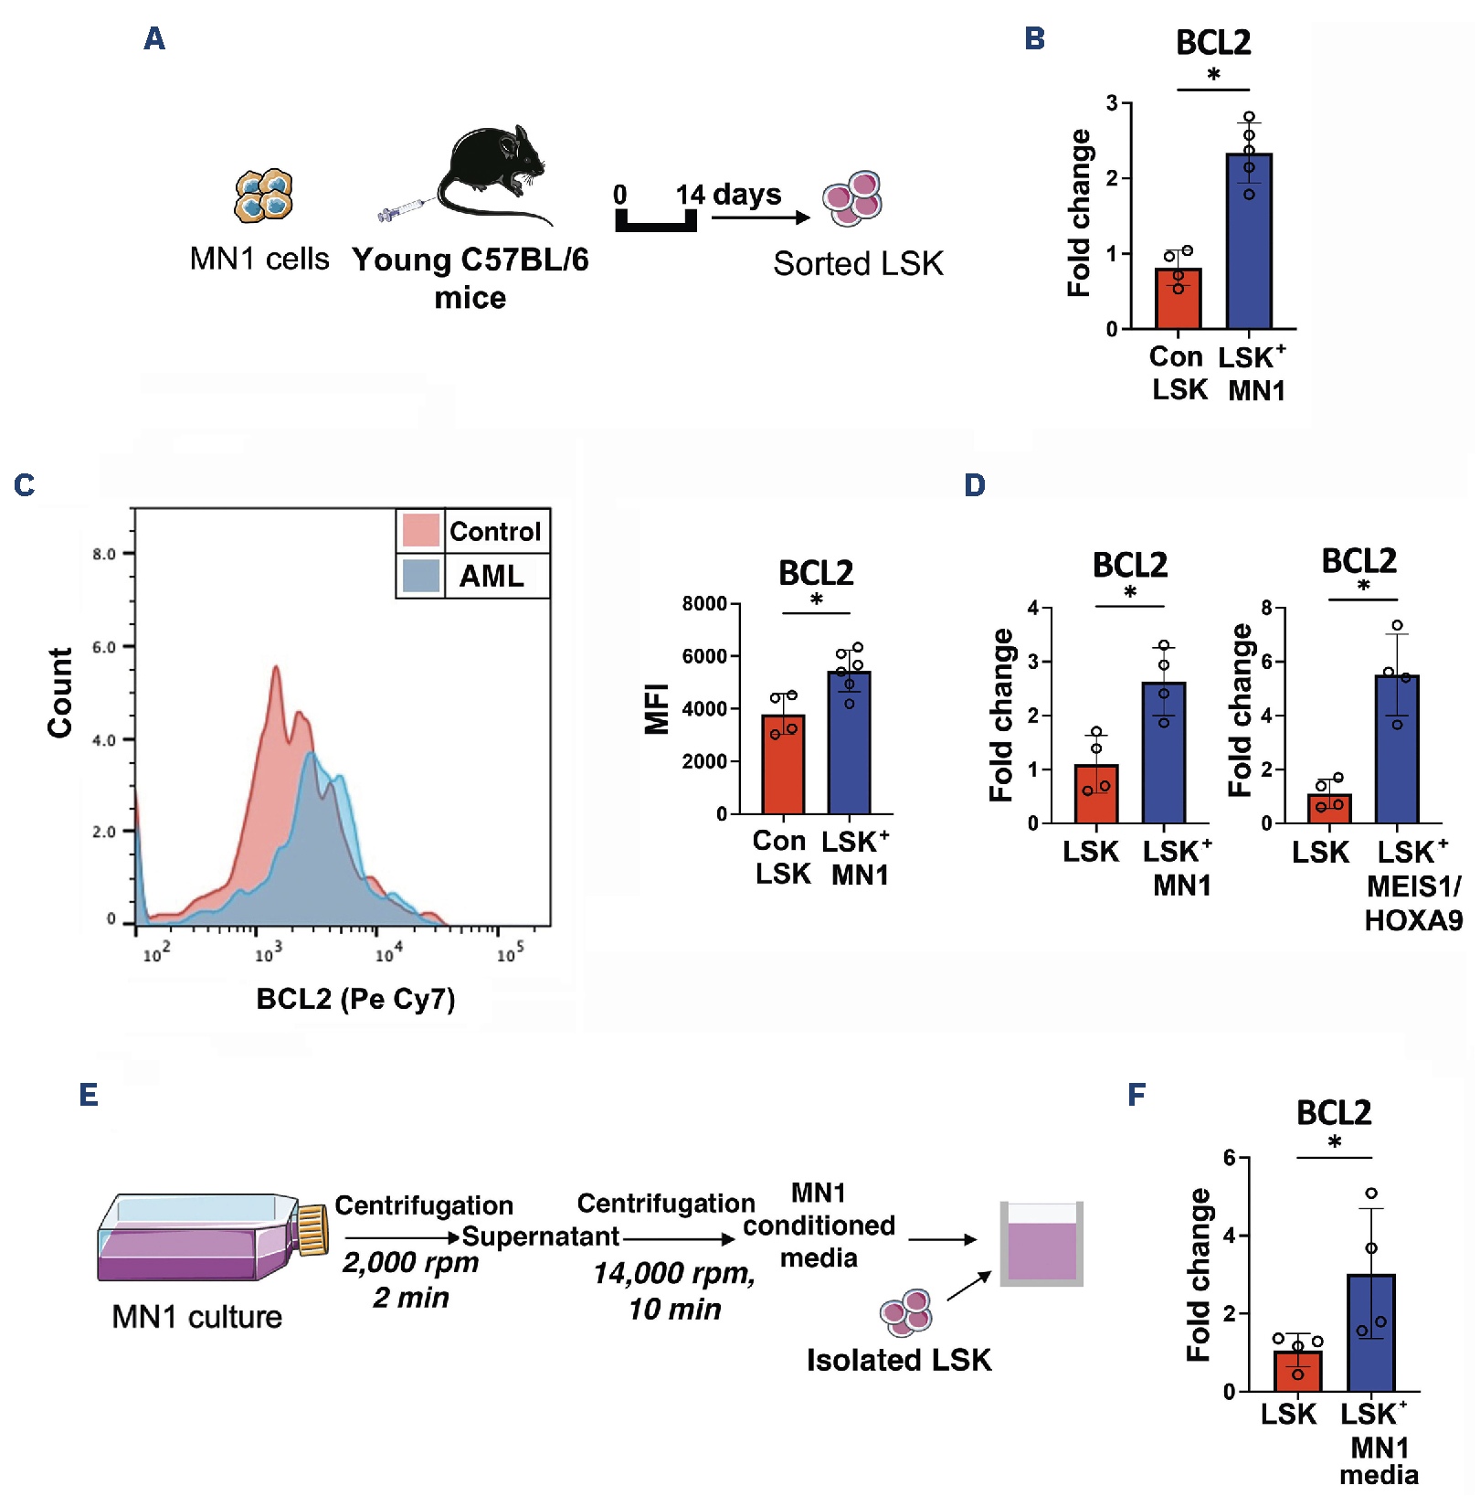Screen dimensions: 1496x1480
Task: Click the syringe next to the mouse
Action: [403, 210]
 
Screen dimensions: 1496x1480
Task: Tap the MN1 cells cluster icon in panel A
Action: [263, 196]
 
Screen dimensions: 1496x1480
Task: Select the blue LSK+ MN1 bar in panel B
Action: [1249, 241]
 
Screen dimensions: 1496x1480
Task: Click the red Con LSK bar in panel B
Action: [1178, 299]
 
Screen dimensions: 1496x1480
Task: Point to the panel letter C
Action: [25, 485]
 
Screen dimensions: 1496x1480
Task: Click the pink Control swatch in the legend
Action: [420, 530]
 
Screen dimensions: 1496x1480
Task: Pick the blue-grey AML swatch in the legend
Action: [420, 576]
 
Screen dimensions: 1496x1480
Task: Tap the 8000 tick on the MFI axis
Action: [704, 604]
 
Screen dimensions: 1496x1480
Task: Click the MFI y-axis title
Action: [656, 709]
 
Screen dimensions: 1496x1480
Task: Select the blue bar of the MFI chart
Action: [849, 743]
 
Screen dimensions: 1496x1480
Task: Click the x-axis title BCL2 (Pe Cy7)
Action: [355, 999]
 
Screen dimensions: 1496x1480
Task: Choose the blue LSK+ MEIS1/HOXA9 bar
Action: [1397, 749]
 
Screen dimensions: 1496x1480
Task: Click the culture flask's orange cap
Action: [312, 1229]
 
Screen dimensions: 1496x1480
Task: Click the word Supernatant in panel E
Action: [541, 1236]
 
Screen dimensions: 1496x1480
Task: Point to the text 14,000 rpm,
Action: [674, 1273]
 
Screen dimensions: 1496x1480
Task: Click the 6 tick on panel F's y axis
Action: [1230, 1158]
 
